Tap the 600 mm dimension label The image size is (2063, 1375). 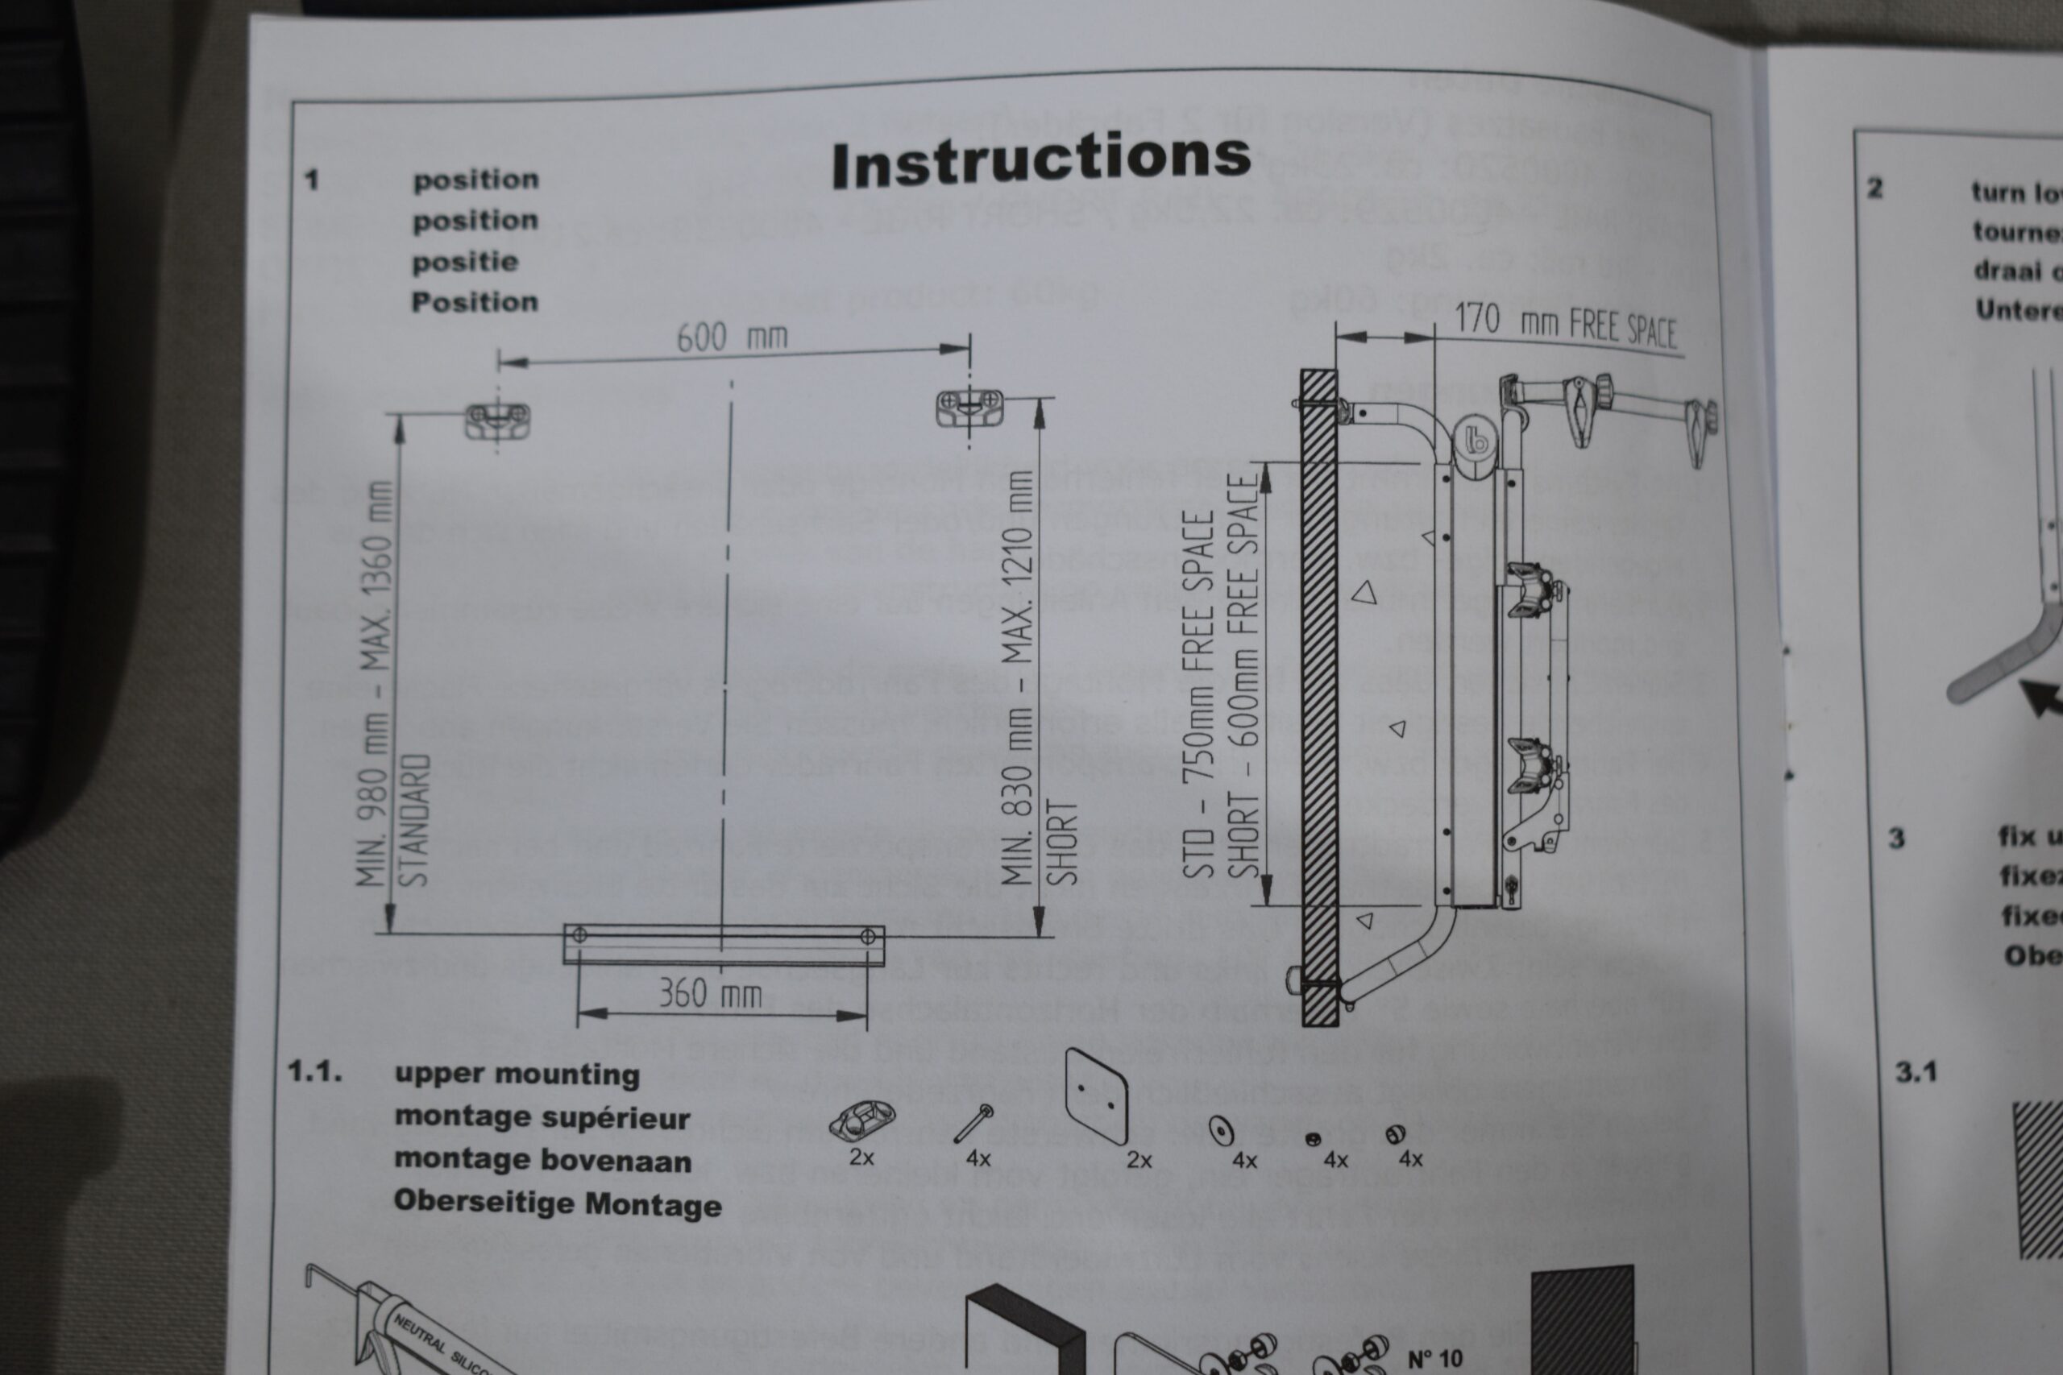[732, 337]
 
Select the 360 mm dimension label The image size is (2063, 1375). [710, 993]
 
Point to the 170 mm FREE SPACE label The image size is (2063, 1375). [1566, 325]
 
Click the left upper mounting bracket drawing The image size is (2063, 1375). [496, 419]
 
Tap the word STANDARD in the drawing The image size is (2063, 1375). [416, 819]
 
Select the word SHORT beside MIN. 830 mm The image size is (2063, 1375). [1061, 842]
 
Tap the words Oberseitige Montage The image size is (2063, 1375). [557, 1203]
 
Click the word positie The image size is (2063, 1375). [465, 261]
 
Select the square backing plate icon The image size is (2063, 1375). [1095, 1095]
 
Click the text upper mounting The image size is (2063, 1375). [517, 1075]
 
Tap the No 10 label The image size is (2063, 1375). [1435, 1358]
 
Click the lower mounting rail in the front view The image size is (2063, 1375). [723, 943]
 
